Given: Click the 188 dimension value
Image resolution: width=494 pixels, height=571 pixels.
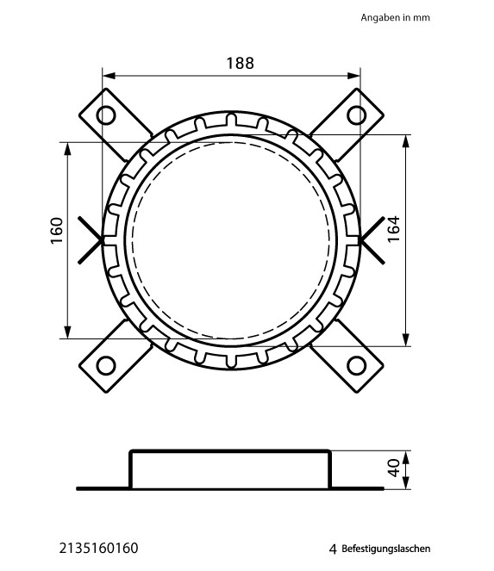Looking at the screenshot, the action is (240, 63).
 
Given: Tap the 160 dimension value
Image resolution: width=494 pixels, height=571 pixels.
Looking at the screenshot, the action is (57, 231).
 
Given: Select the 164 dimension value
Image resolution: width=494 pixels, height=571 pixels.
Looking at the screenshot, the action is (393, 229).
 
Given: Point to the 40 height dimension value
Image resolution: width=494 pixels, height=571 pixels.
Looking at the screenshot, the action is (394, 468).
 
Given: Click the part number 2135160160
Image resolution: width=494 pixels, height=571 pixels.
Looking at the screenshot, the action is (99, 548).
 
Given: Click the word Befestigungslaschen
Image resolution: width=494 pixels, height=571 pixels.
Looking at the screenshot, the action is (385, 549).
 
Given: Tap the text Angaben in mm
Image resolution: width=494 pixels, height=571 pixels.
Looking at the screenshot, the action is (395, 17).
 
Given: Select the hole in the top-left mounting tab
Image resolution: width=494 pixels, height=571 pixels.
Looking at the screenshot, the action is (106, 115).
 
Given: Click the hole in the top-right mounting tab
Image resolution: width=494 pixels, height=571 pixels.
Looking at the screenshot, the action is (357, 115).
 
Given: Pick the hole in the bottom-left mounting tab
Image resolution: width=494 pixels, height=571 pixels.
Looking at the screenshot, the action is (106, 365).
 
